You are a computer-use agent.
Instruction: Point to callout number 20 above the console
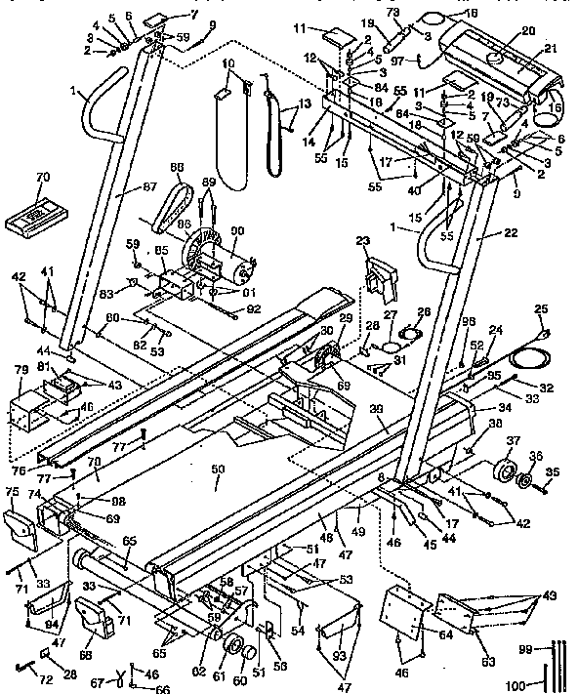coord(528,32)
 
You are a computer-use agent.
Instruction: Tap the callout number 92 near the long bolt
coord(254,311)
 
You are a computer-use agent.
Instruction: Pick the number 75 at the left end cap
coord(12,491)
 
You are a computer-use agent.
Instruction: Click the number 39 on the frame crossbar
coord(378,408)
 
